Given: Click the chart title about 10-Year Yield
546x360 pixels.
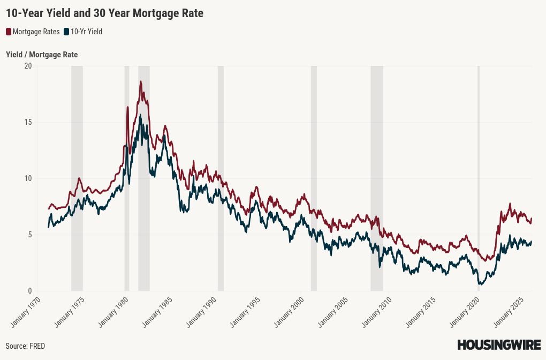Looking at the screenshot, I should pyautogui.click(x=104, y=13).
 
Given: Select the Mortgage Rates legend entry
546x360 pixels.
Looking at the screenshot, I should pyautogui.click(x=36, y=32).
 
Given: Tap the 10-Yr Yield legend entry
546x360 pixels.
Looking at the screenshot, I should pyautogui.click(x=86, y=32).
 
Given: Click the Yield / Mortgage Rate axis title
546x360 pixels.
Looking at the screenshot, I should pyautogui.click(x=42, y=55).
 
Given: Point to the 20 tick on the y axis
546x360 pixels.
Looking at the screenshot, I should pyautogui.click(x=28, y=66).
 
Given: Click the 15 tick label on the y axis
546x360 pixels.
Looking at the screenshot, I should pyautogui.click(x=28, y=122).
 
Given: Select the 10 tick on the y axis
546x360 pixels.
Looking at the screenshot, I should pyautogui.click(x=28, y=178).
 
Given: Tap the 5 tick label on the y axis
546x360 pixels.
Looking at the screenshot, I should pyautogui.click(x=30, y=235).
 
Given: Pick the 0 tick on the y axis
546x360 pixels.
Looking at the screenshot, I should pyautogui.click(x=30, y=291).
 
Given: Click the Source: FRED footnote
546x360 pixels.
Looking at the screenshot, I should pyautogui.click(x=25, y=346).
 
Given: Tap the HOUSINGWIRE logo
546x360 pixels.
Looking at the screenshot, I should pyautogui.click(x=498, y=346).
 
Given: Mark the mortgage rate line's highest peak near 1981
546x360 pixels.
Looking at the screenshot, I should pyautogui.click(x=141, y=81).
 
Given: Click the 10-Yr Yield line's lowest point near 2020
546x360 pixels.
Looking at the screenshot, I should pyautogui.click(x=481, y=284).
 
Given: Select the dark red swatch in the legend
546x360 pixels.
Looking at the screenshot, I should pyautogui.click(x=9, y=32).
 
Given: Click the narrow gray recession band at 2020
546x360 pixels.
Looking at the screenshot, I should pyautogui.click(x=479, y=177).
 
